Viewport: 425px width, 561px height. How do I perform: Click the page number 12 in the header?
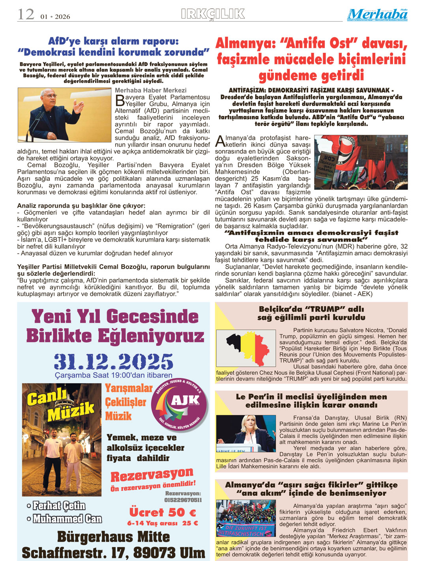(x=26, y=15)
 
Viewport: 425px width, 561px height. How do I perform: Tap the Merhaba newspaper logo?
(x=378, y=15)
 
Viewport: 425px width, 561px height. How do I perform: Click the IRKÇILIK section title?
(x=213, y=14)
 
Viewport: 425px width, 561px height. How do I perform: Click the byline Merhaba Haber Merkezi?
(x=150, y=90)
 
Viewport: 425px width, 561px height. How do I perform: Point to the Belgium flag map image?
(x=246, y=348)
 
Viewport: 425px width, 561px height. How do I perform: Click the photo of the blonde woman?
(x=246, y=433)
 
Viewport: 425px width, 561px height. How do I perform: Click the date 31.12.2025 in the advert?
(x=114, y=361)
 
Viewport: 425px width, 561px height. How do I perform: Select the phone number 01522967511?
(x=183, y=500)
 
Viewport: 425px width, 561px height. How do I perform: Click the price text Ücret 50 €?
(x=163, y=512)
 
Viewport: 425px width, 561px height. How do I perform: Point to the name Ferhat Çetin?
(x=59, y=506)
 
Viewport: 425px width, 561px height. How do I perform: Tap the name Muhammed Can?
(x=67, y=519)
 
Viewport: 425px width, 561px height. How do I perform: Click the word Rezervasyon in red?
(x=152, y=475)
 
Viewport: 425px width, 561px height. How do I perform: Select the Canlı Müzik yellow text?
(x=60, y=403)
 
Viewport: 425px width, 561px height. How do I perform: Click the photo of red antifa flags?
(x=361, y=162)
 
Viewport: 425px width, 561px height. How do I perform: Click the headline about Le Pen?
(x=311, y=401)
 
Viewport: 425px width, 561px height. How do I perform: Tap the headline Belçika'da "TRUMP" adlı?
(x=311, y=309)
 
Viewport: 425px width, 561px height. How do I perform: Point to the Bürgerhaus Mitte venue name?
(x=114, y=537)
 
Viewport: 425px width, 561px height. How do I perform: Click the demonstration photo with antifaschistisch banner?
(x=246, y=518)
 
